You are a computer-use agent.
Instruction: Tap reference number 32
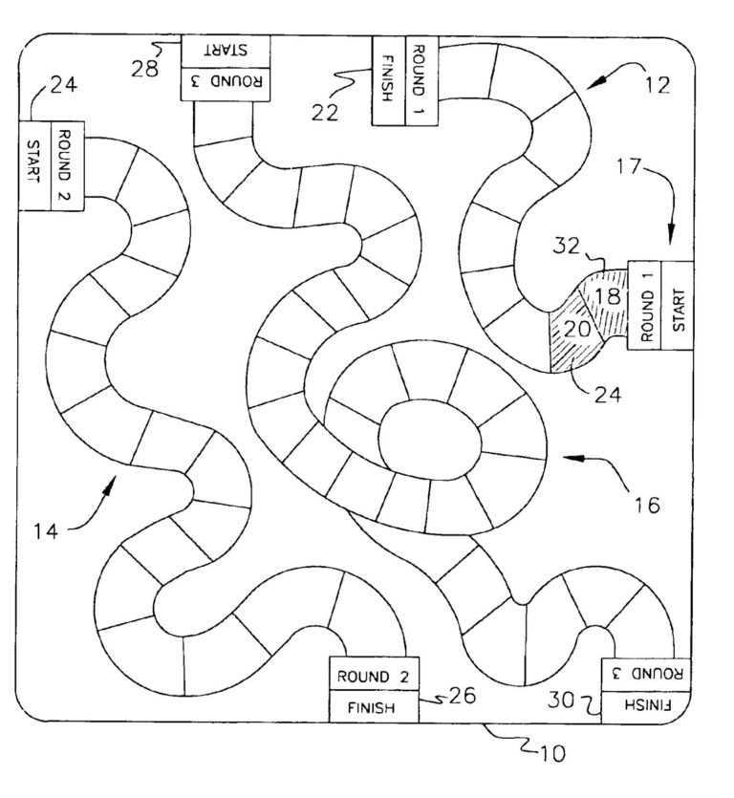coord(567,248)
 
